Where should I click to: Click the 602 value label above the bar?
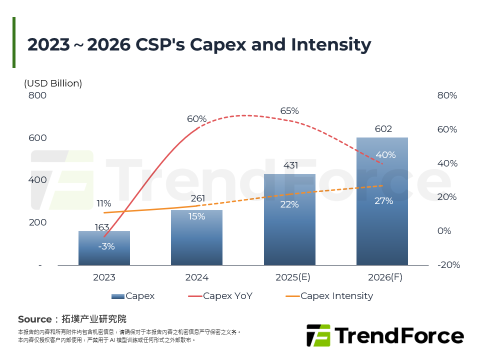(383, 129)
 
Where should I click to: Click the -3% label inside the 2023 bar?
(106, 246)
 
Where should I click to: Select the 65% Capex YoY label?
(289, 111)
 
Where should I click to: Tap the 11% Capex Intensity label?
(103, 203)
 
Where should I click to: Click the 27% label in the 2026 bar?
(383, 201)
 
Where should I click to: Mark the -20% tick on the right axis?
(447, 265)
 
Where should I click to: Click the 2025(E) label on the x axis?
(289, 277)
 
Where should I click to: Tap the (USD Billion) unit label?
(53, 83)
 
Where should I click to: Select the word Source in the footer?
(35, 319)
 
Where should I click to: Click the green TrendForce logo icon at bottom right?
(318, 335)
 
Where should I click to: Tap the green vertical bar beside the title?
(14, 42)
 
